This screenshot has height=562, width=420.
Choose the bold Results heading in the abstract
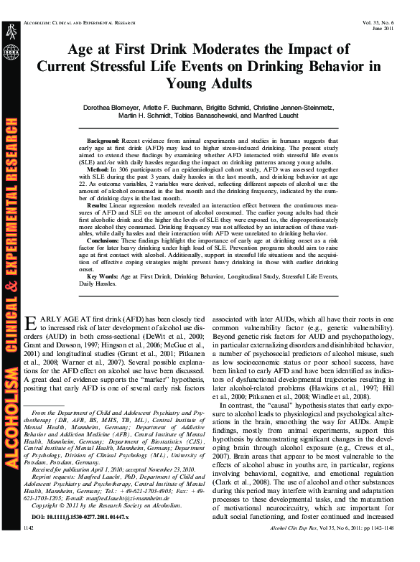[x=101, y=204]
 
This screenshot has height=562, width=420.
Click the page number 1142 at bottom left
[x=29, y=547]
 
